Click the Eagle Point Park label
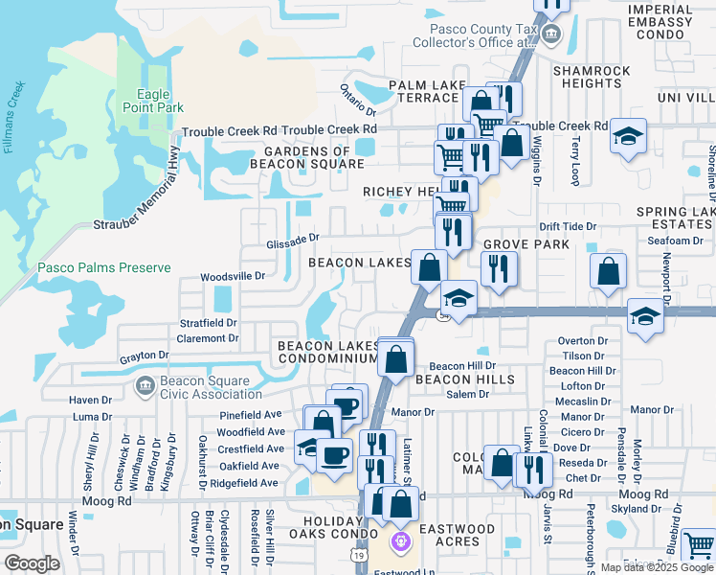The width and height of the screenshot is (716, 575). click(x=153, y=101)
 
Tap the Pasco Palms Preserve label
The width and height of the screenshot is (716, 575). click(x=103, y=268)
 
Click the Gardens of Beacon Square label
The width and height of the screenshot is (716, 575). click(x=306, y=157)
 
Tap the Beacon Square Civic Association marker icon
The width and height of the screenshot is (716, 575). click(x=145, y=386)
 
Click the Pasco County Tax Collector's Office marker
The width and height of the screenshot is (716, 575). click(x=551, y=35)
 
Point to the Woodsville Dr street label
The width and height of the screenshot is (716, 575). click(x=232, y=276)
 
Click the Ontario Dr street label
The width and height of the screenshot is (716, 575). click(x=358, y=99)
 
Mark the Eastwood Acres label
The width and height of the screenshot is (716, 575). click(x=457, y=535)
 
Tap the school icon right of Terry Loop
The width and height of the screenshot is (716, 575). click(x=628, y=137)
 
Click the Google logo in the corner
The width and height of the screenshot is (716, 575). click(x=32, y=563)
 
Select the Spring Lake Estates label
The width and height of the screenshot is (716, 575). click(x=674, y=218)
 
